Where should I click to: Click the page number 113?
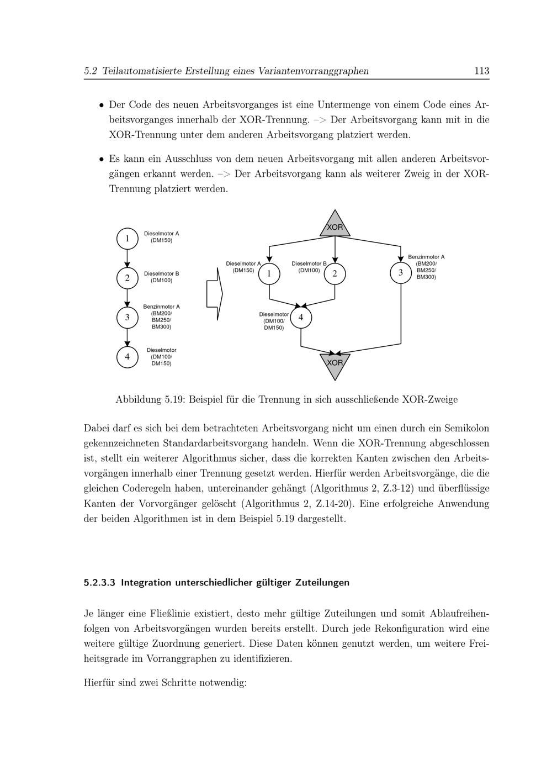pos(481,71)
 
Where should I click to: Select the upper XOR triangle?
pos(335,226)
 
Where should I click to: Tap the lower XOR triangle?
pos(335,364)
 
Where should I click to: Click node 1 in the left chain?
pos(127,239)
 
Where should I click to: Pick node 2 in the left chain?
pos(127,278)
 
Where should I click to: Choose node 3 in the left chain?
pos(127,318)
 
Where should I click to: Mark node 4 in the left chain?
pos(127,357)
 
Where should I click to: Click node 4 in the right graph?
pos(301,318)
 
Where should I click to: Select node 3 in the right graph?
pos(401,273)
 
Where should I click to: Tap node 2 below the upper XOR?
pos(335,274)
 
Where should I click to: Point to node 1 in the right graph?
pos(269,274)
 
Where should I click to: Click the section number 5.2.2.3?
pos(99,583)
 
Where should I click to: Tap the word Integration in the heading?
pos(146,583)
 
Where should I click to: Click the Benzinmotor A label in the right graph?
pos(426,257)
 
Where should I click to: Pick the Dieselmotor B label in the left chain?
pos(161,274)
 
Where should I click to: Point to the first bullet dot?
pos(101,105)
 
